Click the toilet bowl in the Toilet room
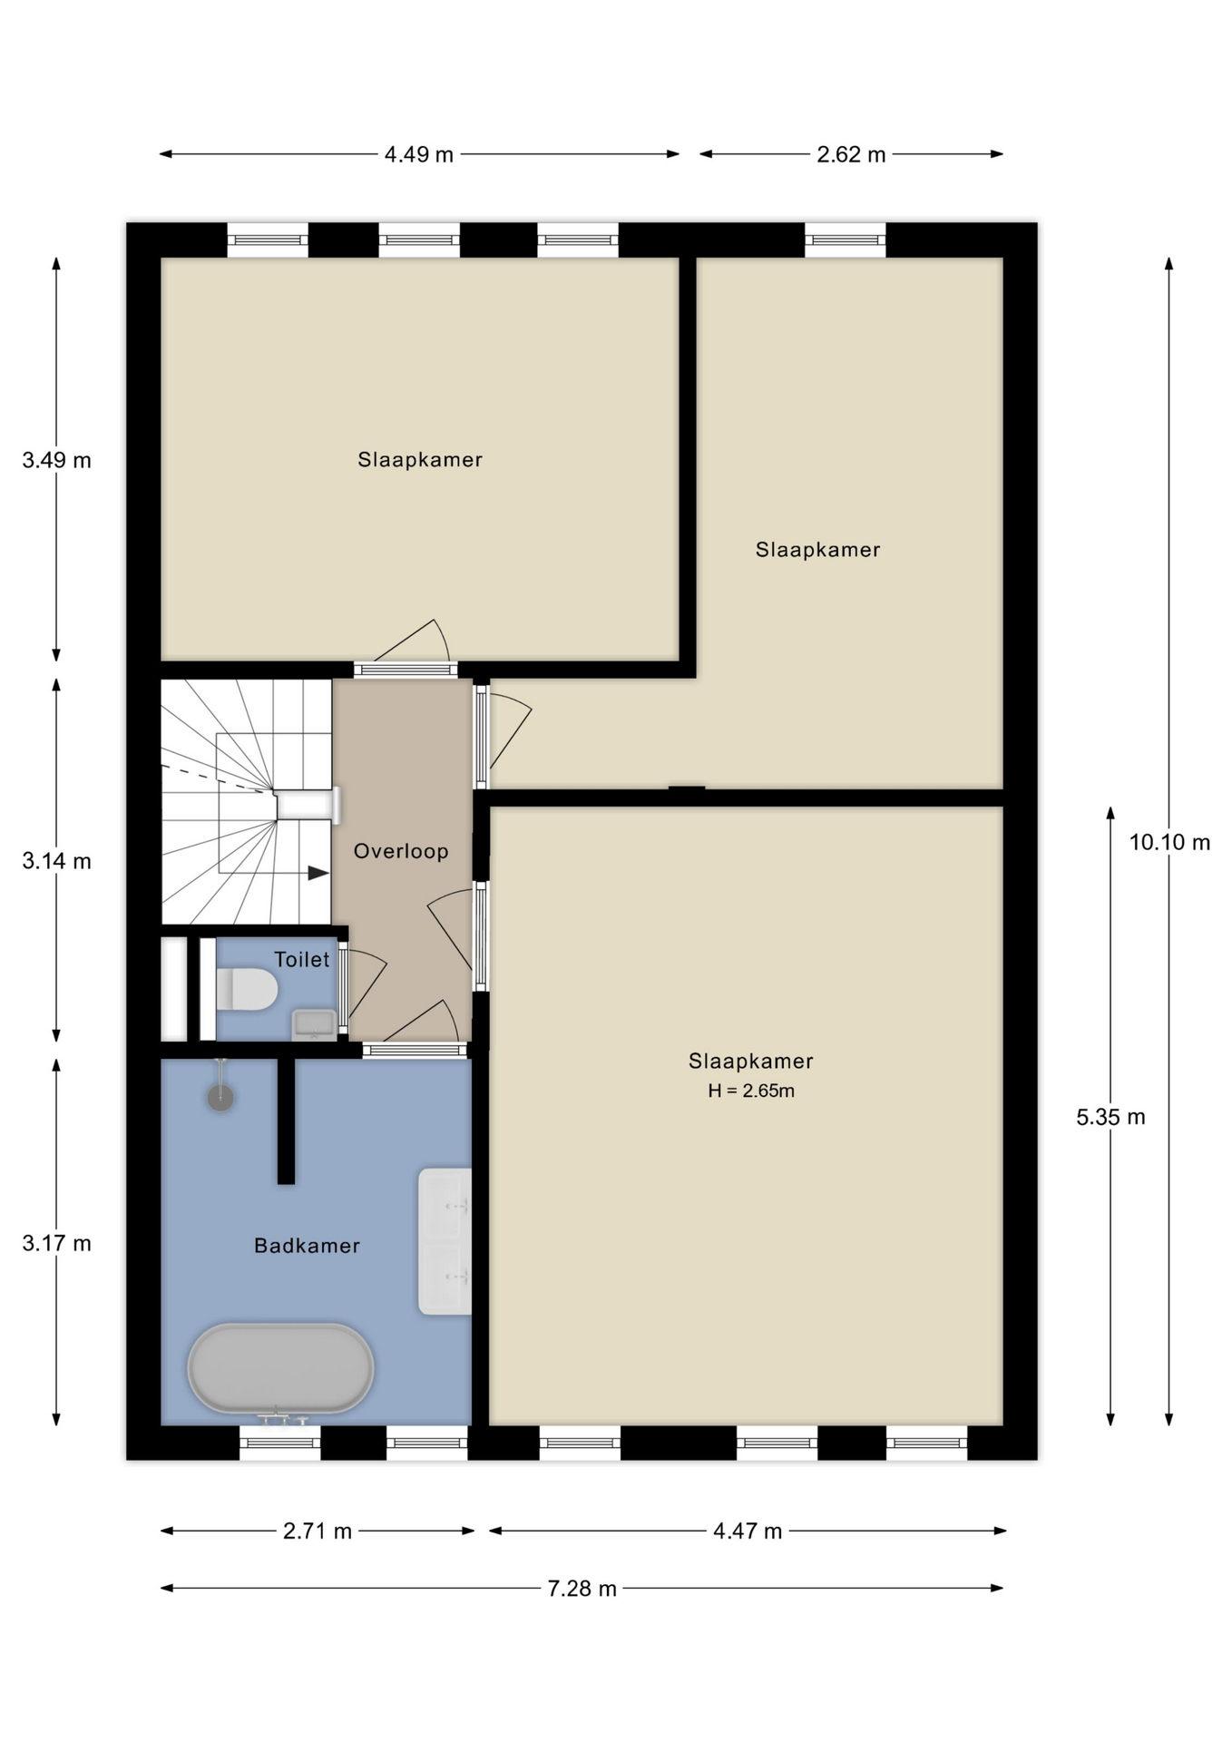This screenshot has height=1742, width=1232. (x=247, y=989)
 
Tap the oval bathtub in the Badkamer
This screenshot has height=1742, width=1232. (x=280, y=1368)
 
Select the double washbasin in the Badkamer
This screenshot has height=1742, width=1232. (x=445, y=1241)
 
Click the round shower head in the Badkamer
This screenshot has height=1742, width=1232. (x=220, y=1098)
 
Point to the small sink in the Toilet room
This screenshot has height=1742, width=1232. (x=315, y=1024)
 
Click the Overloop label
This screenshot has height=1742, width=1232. (x=401, y=851)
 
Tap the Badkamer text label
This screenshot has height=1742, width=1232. (x=307, y=1246)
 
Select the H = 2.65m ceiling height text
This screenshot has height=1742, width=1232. (x=751, y=1091)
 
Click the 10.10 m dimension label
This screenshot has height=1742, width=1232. (x=1169, y=842)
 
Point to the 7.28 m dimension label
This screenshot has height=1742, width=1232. (x=582, y=1589)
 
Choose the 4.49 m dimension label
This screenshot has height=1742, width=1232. (x=418, y=154)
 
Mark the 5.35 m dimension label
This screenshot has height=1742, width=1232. (x=1110, y=1117)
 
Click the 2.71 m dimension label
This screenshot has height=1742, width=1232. (x=318, y=1532)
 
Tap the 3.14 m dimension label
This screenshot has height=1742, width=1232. (x=56, y=861)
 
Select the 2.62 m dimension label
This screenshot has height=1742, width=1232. (x=851, y=154)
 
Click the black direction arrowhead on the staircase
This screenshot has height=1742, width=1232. (x=318, y=873)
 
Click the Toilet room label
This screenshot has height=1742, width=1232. (x=302, y=959)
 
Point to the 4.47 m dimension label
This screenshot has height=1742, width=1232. (x=748, y=1532)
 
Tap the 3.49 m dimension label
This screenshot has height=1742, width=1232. (x=56, y=460)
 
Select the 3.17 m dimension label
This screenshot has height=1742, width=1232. (x=56, y=1243)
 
